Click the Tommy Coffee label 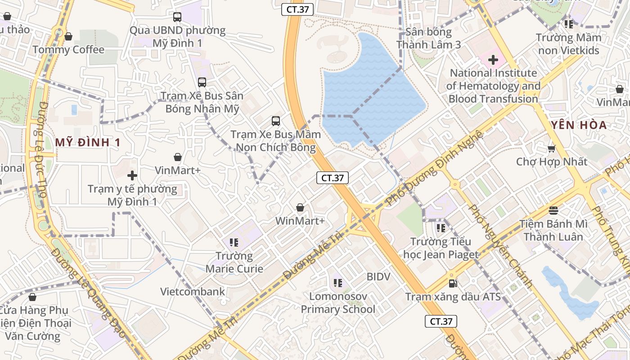[x=68, y=49]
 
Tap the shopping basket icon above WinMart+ [x=300, y=207]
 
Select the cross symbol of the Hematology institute [x=493, y=59]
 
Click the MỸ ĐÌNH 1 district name [x=88, y=143]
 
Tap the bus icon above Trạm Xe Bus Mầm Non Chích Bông [x=276, y=121]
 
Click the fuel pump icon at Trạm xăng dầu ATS [x=453, y=283]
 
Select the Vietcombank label [x=193, y=292]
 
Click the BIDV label [x=378, y=276]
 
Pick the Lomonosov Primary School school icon [x=338, y=283]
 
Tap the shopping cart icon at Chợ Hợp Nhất [x=552, y=148]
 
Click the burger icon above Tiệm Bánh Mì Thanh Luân [x=553, y=210]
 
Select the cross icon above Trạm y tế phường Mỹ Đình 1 [x=132, y=175]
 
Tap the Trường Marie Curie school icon [x=234, y=243]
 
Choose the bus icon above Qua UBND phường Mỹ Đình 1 [x=177, y=17]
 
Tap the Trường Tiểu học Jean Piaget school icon [x=441, y=228]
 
